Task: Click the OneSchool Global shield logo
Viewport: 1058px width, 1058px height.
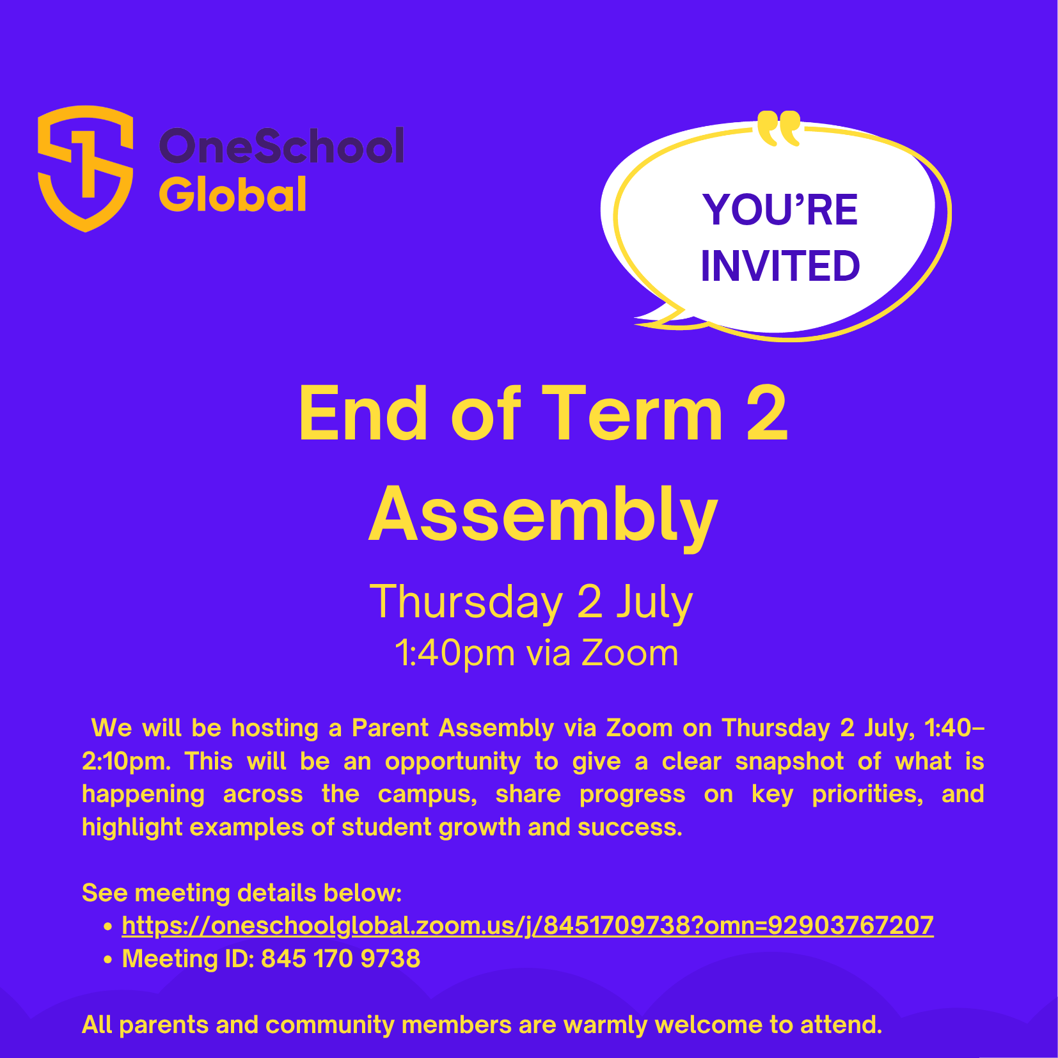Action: [x=85, y=168]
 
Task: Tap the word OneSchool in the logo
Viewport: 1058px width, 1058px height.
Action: [x=281, y=146]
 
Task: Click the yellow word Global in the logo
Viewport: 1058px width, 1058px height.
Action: [x=233, y=194]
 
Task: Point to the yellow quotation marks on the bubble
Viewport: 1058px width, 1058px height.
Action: [x=778, y=128]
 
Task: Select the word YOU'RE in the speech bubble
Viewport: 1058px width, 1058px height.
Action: [x=780, y=210]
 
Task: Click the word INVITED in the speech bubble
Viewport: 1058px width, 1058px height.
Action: [x=780, y=265]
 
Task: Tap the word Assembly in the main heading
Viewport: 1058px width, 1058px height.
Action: [x=544, y=516]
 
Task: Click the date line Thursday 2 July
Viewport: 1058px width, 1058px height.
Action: [x=532, y=602]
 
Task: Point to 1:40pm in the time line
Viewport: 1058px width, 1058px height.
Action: [x=455, y=654]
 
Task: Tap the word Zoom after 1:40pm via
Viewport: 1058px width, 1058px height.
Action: [x=629, y=653]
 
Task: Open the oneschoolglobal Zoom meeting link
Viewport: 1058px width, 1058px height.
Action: [x=528, y=926]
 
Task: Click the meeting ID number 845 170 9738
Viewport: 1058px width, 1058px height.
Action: [x=341, y=958]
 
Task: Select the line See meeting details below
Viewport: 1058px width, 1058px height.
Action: [x=242, y=893]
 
